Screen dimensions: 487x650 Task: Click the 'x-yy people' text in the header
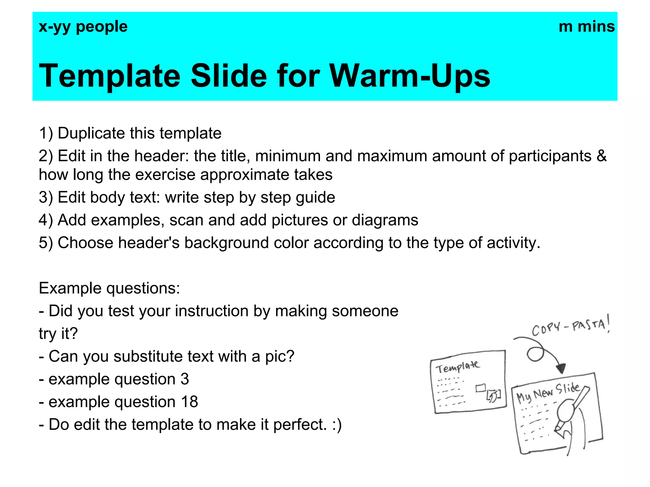pos(83,27)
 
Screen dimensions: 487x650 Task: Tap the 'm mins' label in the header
pos(587,27)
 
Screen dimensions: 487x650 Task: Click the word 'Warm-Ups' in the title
pos(410,76)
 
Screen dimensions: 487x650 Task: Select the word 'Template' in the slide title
pos(109,76)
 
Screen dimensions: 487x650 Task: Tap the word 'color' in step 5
pos(291,243)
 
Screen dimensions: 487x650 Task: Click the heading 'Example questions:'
pos(109,289)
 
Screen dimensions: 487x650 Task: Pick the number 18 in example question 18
pos(189,402)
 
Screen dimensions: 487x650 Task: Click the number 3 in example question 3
pos(185,379)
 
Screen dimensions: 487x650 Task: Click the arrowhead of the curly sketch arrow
pos(561,369)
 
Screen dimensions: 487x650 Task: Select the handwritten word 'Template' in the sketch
pos(457,367)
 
